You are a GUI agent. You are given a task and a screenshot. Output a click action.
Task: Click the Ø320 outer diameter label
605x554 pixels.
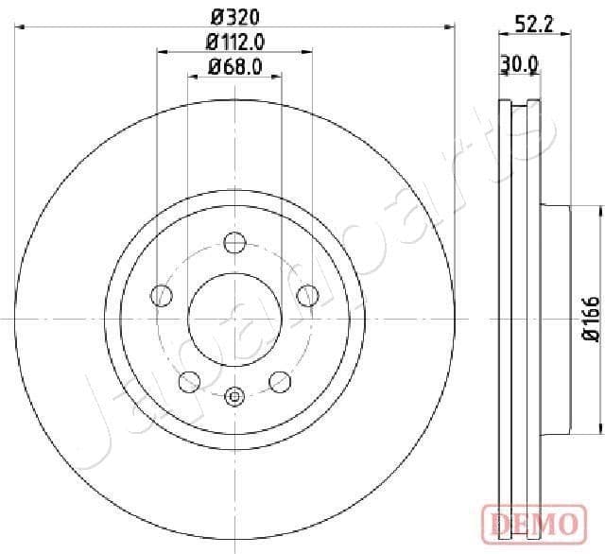(x=234, y=16)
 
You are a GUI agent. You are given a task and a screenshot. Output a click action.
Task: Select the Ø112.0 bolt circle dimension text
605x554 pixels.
(x=234, y=41)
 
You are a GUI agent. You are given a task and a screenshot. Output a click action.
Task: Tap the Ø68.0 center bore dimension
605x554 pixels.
(x=234, y=66)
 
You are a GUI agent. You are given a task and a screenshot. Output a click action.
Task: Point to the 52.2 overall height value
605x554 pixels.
(x=534, y=24)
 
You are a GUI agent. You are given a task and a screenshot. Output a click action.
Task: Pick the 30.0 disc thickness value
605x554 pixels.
(x=519, y=63)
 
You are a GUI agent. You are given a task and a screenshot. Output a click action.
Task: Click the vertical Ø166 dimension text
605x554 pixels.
(x=589, y=318)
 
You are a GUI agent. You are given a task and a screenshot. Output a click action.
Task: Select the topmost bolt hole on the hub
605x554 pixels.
(x=233, y=243)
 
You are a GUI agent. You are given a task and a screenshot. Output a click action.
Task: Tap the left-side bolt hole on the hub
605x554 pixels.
(x=162, y=296)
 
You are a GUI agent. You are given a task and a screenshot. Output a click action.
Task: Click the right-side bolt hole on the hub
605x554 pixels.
(x=305, y=296)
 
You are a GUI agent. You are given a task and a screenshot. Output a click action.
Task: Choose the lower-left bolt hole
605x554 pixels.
(x=189, y=381)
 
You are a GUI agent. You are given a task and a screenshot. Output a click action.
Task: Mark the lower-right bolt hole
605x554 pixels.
(x=279, y=381)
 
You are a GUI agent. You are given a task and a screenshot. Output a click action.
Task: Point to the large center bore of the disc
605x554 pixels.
(x=234, y=320)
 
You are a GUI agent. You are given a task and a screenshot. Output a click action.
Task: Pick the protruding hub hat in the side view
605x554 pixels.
(x=557, y=319)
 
